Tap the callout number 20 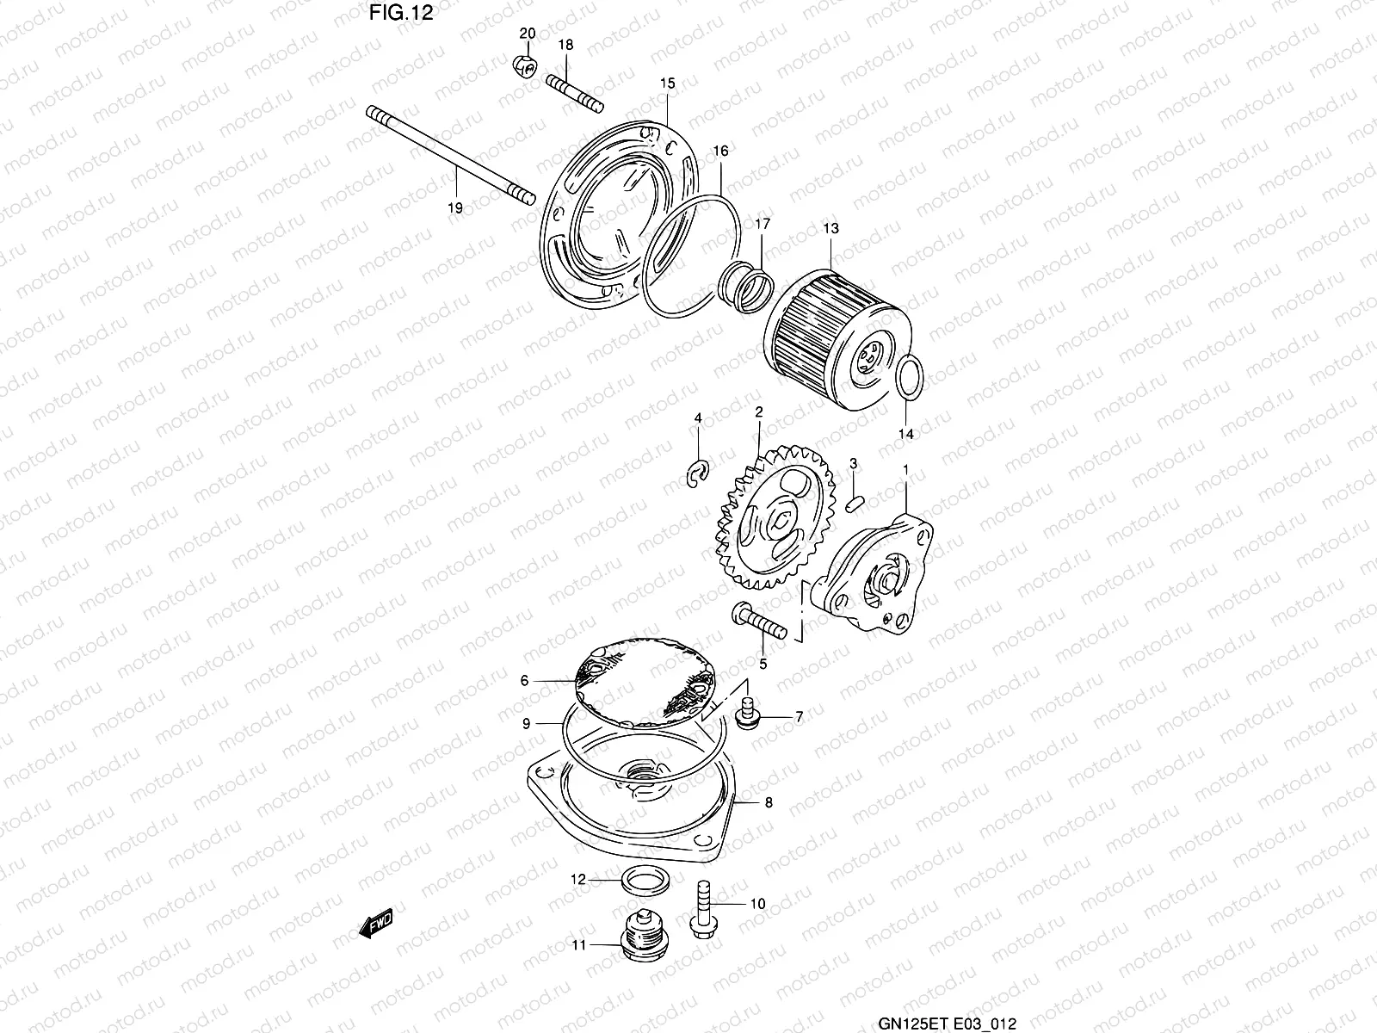[528, 34]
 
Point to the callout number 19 [455, 207]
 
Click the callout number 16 [720, 151]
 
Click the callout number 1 [905, 467]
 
